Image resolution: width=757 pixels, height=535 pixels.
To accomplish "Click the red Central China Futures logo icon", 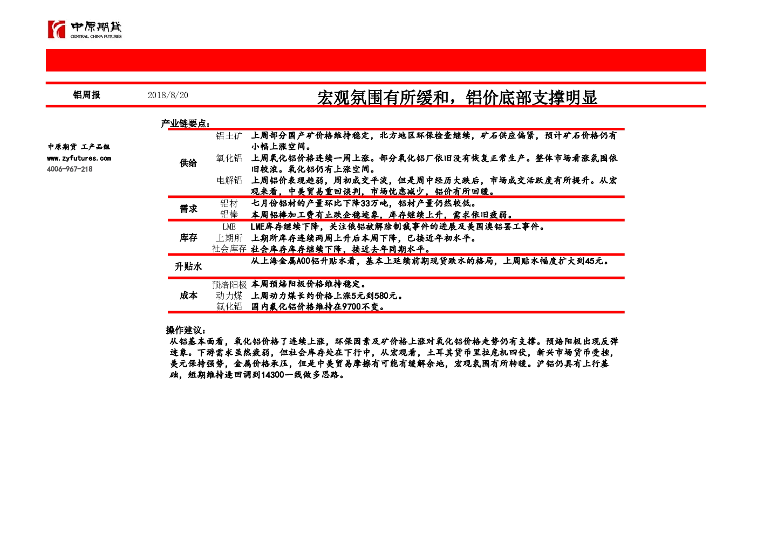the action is click(x=57, y=29).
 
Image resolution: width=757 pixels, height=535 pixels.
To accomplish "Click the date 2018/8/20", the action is click(x=168, y=95).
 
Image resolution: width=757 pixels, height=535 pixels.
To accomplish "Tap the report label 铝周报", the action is click(x=86, y=95).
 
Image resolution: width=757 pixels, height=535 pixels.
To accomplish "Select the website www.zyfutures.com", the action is click(x=79, y=158).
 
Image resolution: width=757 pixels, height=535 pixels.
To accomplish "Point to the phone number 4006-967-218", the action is click(x=70, y=169).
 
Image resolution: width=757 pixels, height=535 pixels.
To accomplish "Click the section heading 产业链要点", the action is click(x=185, y=124).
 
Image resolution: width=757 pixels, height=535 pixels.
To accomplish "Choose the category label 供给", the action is click(x=188, y=163).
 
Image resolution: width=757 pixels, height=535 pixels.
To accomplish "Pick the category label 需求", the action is click(x=188, y=209).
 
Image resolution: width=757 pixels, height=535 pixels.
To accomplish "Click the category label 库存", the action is click(x=188, y=238).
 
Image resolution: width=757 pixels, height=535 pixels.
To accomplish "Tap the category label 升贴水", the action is click(x=188, y=266).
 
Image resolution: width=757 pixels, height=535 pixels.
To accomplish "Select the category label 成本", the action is click(x=188, y=296).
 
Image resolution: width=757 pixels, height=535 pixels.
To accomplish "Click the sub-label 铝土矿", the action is click(x=229, y=136).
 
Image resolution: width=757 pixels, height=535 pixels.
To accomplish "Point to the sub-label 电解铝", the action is click(x=229, y=180).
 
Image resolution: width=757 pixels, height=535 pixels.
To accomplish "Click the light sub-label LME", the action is click(x=229, y=227).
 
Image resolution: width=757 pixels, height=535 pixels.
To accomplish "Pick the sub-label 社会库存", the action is click(x=229, y=249).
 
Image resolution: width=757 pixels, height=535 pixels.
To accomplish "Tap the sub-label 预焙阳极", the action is click(x=229, y=285).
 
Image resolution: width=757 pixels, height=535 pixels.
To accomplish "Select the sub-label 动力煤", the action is click(x=229, y=296).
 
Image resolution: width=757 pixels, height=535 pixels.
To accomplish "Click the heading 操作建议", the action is click(x=186, y=330).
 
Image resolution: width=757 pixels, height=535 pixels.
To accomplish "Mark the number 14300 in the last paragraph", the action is click(x=272, y=375).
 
